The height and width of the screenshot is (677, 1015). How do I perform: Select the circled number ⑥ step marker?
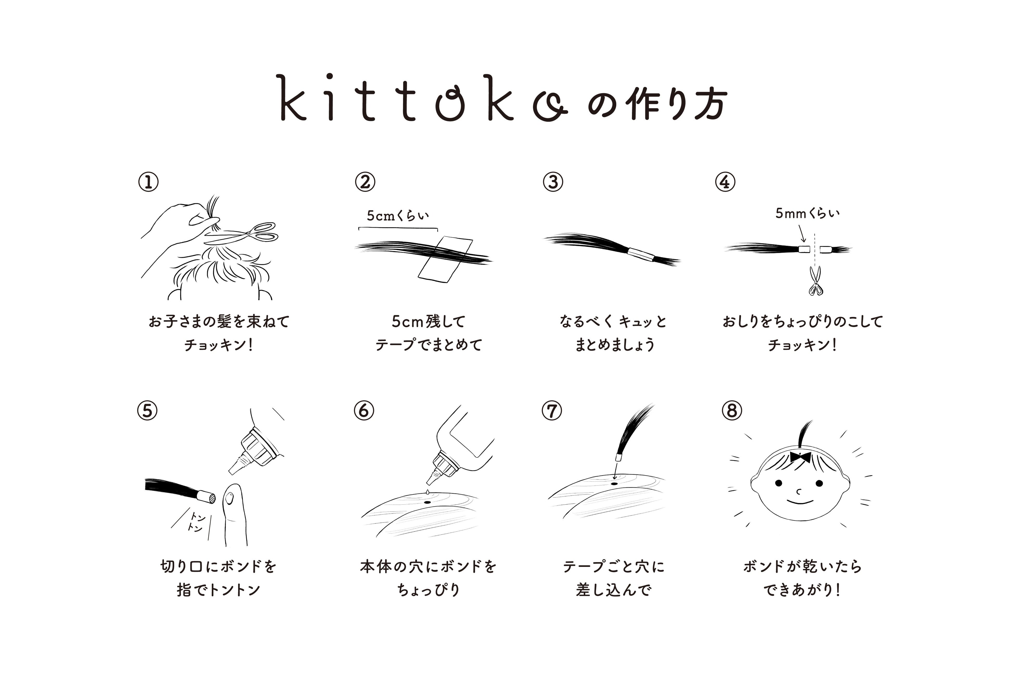point(364,411)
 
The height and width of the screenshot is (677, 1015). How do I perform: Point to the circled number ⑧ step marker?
point(732,411)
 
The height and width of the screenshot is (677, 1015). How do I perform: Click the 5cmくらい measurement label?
point(398,215)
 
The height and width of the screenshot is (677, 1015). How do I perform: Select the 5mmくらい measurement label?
point(807,213)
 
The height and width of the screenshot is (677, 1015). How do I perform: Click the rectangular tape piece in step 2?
point(445,259)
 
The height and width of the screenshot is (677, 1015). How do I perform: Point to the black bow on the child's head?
point(801,457)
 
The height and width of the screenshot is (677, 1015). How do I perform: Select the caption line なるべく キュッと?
point(613,321)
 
